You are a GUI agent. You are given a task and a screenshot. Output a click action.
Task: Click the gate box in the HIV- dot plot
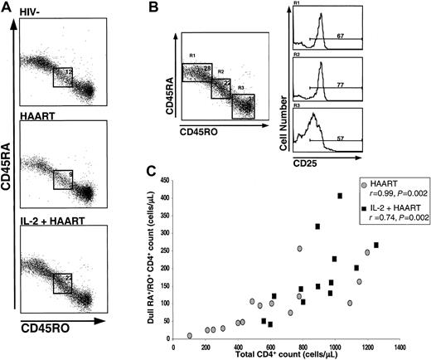click(x=64, y=77)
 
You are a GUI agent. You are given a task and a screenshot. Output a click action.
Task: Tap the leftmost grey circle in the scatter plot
click(x=190, y=336)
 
